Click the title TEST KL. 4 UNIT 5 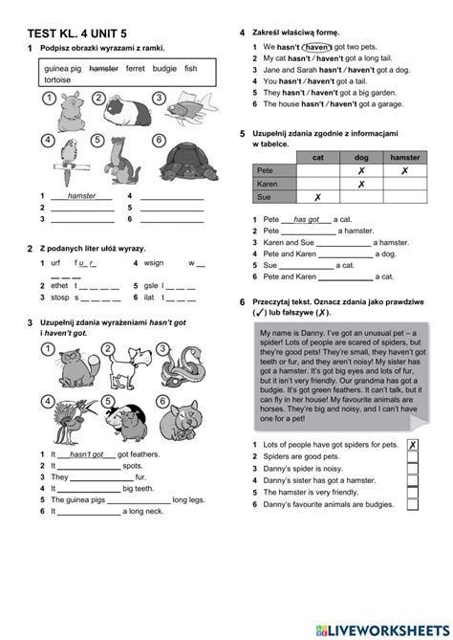click(78, 35)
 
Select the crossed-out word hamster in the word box click(102, 69)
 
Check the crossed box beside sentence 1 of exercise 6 click(412, 445)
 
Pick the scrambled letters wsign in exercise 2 click(155, 261)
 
